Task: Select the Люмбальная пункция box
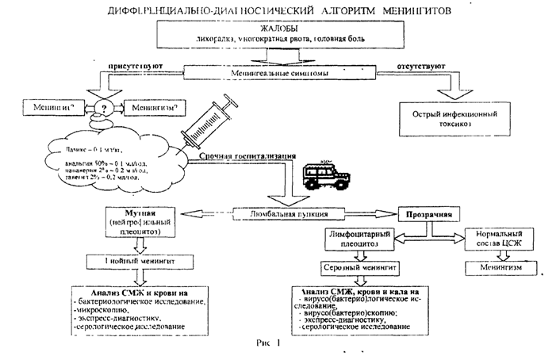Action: (x=281, y=212)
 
